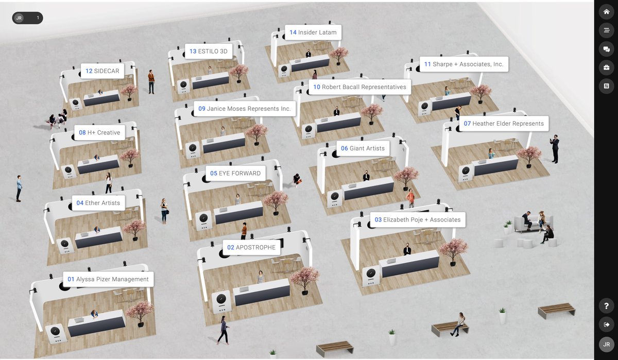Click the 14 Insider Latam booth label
coord(313,32)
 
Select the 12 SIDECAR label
coord(102,71)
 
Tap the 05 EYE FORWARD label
coord(235,173)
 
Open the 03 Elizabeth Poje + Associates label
coord(418,219)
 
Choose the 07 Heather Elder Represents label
coord(504,123)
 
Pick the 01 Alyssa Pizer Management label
coord(108,279)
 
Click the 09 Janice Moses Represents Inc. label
coord(245,109)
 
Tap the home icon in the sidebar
coord(607,11)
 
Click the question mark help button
coord(607,306)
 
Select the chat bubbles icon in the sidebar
coord(607,49)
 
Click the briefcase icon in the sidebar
coord(607,67)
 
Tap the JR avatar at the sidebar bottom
coord(607,344)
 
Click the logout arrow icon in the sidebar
coord(607,324)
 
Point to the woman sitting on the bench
coord(458,324)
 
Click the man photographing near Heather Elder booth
coord(555,149)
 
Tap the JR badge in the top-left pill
coord(19,18)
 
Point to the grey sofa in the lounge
coord(533,223)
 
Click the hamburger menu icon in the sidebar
coord(607,30)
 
